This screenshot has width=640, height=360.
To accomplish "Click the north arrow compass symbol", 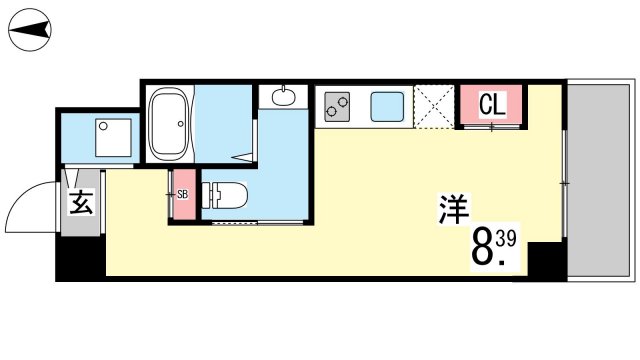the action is [x=30, y=30].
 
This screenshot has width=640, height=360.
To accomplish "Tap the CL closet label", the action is [x=492, y=104].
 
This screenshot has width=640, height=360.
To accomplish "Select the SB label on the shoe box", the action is [x=183, y=195].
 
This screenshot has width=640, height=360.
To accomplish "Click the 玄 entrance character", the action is [x=82, y=202].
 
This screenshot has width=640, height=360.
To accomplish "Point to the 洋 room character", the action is [x=454, y=209].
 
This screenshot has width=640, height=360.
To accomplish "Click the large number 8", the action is [x=482, y=248].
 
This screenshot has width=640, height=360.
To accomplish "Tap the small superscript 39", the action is [x=506, y=239].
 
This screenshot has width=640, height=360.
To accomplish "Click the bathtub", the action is [x=168, y=123].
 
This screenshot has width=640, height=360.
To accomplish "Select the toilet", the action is [x=225, y=195].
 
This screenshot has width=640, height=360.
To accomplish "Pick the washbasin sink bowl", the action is [x=283, y=98].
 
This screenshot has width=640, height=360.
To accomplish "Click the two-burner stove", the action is [x=337, y=107].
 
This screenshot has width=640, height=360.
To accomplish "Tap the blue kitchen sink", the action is [x=387, y=107].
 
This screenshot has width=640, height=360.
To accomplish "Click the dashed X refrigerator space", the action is [x=434, y=107].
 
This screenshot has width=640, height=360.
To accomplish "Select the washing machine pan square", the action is [x=113, y=138].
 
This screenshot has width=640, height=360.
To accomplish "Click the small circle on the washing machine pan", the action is [x=103, y=127].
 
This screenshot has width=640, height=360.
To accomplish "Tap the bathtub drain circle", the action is [x=180, y=124].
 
